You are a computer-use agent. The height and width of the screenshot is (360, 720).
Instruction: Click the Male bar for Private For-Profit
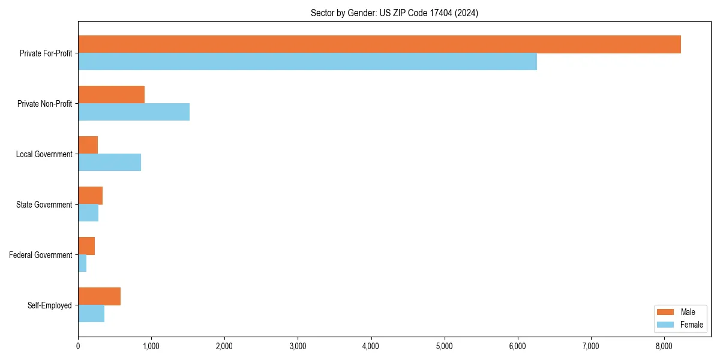pyautogui.click(x=379, y=44)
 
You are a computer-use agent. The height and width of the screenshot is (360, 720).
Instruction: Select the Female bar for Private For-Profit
pyautogui.click(x=307, y=62)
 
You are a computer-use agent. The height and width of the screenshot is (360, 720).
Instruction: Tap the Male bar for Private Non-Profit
pyautogui.click(x=111, y=95)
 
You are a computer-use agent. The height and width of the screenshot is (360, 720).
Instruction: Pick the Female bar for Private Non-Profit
pyautogui.click(x=134, y=112)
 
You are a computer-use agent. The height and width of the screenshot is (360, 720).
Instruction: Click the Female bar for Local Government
pyautogui.click(x=109, y=163)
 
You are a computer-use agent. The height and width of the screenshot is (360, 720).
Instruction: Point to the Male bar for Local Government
pyautogui.click(x=88, y=145)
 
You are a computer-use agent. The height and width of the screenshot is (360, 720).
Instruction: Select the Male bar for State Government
pyautogui.click(x=90, y=196)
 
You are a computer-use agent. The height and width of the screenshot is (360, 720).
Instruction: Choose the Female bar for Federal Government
pyautogui.click(x=82, y=263)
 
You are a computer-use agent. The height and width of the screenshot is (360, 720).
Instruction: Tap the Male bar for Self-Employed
pyautogui.click(x=99, y=296)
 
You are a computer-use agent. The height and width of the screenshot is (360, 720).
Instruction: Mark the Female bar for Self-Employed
pyautogui.click(x=91, y=314)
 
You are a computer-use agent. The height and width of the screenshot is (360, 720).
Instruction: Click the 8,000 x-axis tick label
pyautogui.click(x=664, y=346)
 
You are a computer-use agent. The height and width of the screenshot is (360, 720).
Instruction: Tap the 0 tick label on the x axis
pyautogui.click(x=78, y=346)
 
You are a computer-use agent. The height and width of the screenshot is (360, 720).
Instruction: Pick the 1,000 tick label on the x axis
pyautogui.click(x=151, y=346)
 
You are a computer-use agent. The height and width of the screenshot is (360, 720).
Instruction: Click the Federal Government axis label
pyautogui.click(x=40, y=255)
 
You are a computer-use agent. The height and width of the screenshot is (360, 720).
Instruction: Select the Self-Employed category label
pyautogui.click(x=49, y=305)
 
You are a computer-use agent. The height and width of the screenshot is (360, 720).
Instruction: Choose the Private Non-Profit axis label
pyautogui.click(x=44, y=104)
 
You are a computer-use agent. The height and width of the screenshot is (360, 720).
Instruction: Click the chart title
pyautogui.click(x=394, y=13)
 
